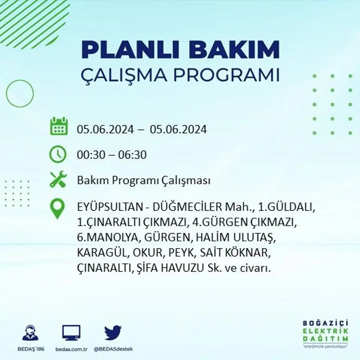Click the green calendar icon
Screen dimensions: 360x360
(x=59, y=126)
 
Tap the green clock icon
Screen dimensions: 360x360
(x=58, y=154)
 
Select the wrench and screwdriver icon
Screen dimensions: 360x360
(x=58, y=179)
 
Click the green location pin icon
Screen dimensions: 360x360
(x=57, y=208)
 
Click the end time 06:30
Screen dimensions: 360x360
(x=132, y=155)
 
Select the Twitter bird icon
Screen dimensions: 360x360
(x=112, y=333)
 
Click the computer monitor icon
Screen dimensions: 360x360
(x=71, y=333)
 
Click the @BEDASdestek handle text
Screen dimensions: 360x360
(x=113, y=349)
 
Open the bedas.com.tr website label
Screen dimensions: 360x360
(x=71, y=349)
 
